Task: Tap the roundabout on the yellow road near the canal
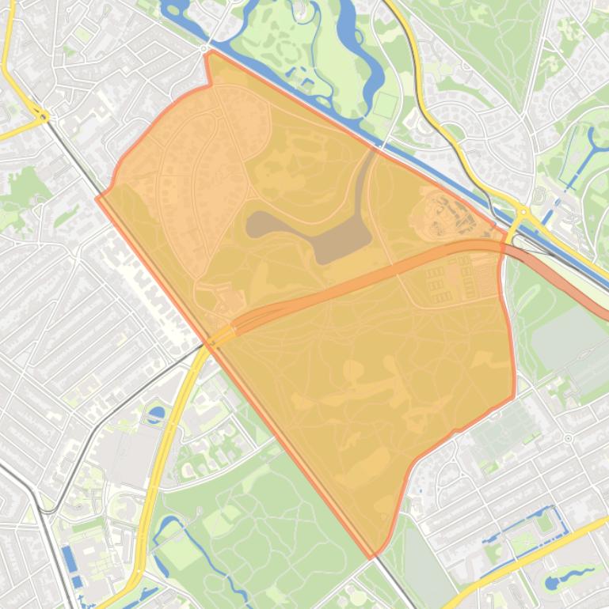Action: [523, 212]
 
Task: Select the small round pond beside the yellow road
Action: [157, 412]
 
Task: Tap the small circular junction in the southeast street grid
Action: [569, 437]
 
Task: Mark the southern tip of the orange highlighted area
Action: [371, 557]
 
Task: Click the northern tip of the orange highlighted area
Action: [207, 53]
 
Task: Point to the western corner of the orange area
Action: [97, 197]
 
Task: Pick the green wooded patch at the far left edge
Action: [24, 190]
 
